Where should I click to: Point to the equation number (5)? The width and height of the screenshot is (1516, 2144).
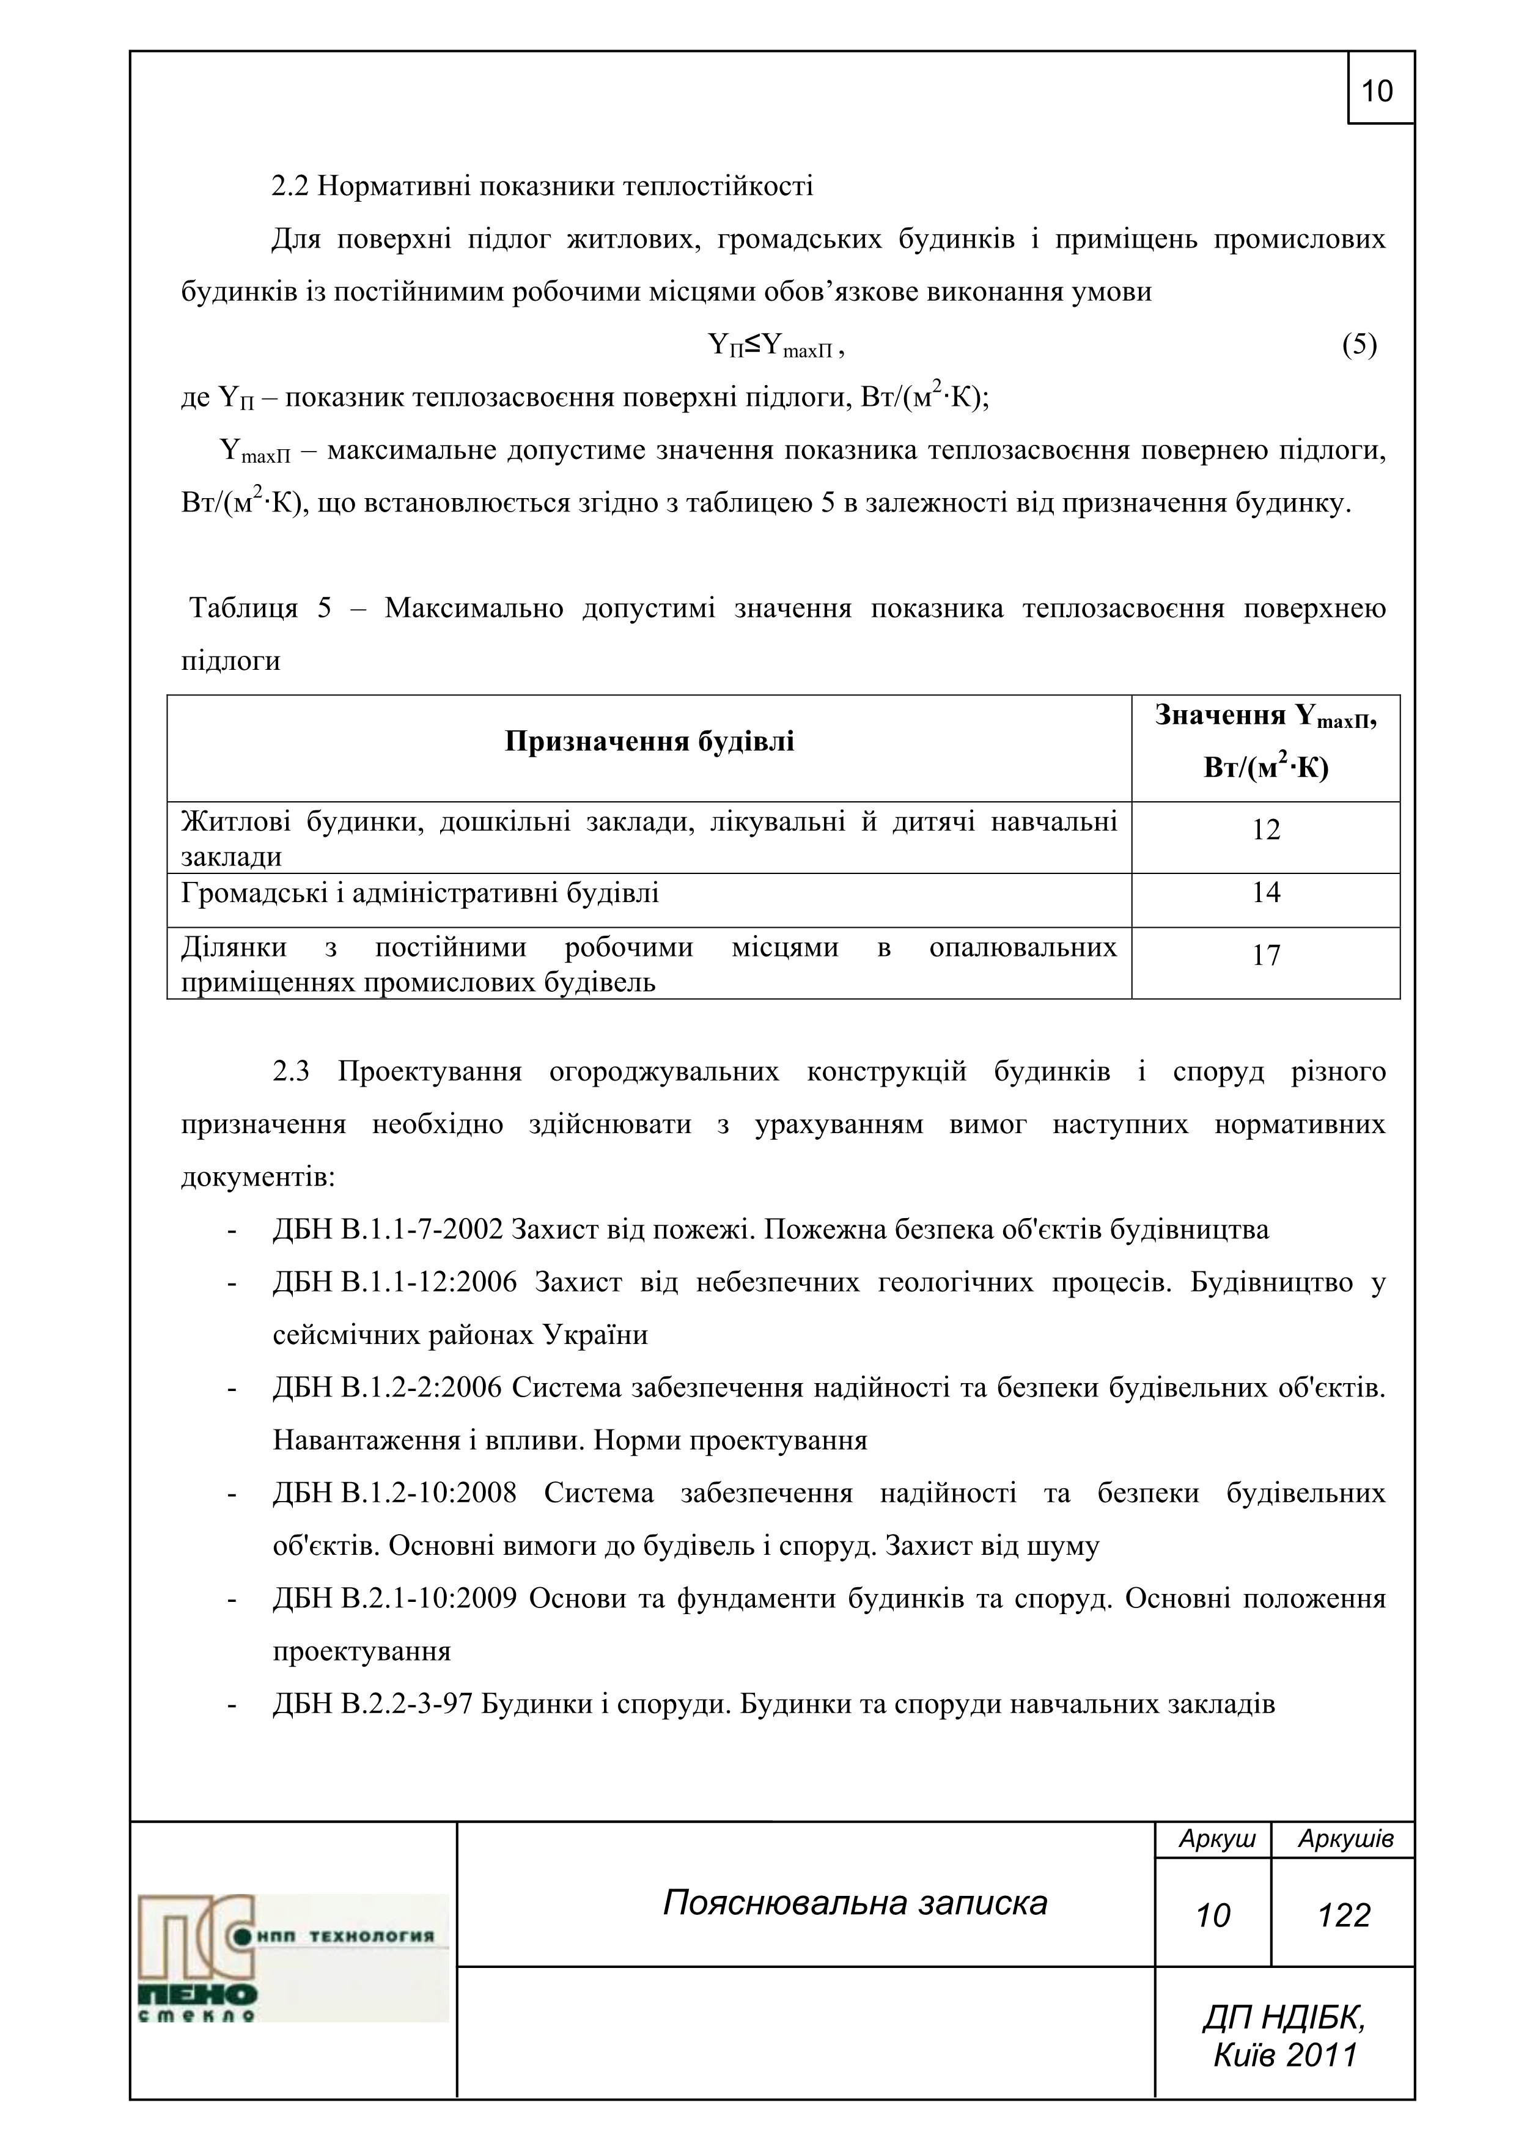coord(1359,345)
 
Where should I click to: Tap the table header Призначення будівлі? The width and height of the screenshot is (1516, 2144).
coord(649,741)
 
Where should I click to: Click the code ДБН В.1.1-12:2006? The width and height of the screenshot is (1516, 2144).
coord(395,1283)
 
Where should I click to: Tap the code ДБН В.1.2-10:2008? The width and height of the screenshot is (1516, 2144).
coord(395,1494)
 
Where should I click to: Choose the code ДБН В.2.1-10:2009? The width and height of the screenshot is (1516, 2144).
coord(395,1599)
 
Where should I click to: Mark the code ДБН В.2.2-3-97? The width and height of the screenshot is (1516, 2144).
coord(373,1705)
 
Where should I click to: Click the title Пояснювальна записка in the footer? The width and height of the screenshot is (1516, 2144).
coord(855,1903)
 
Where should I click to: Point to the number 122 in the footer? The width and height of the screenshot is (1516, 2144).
coord(1343,1916)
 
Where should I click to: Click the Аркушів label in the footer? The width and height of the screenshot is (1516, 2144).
coord(1345,1840)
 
